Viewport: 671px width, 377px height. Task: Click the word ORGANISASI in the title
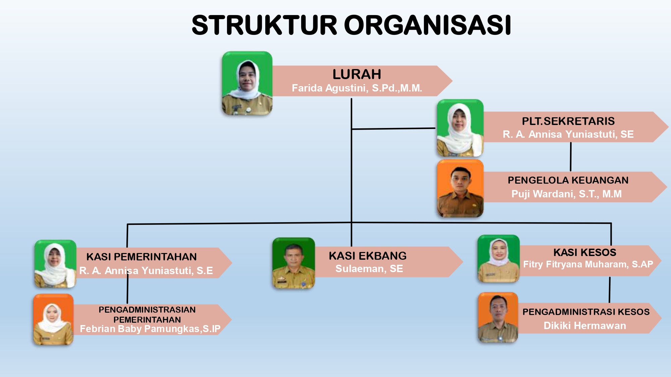428,25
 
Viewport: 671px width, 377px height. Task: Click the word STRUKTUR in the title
264,25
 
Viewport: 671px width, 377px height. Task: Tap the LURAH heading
357,74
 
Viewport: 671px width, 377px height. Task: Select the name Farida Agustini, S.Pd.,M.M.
357,88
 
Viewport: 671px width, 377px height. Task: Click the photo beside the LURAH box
247,83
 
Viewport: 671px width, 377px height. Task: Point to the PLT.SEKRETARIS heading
568,121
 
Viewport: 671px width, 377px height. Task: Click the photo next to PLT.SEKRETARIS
460,128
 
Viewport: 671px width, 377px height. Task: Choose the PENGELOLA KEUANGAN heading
568,180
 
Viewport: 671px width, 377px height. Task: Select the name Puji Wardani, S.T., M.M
566,194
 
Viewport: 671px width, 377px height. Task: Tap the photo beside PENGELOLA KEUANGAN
460,188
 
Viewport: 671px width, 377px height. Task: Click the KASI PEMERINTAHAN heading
142,257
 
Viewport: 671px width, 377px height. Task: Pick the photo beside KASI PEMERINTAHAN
55,264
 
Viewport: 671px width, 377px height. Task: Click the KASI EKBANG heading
368,256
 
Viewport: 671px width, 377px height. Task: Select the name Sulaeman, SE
369,269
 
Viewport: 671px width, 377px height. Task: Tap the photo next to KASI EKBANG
294,263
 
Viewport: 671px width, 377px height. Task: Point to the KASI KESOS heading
585,252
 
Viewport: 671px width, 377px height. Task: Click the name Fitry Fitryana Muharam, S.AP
588,264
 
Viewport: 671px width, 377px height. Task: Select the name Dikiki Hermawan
585,326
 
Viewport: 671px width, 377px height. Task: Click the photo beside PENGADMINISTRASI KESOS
498,317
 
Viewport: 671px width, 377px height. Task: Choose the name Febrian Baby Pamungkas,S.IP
150,329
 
